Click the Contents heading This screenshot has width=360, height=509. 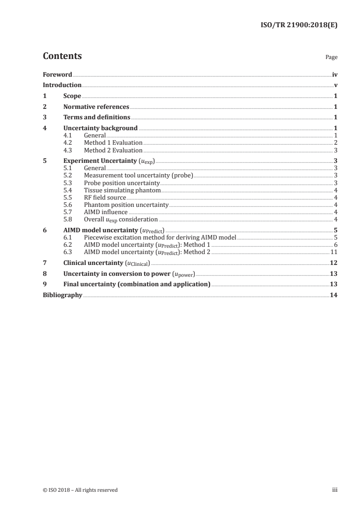coord(62,56)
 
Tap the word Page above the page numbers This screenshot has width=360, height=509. coord(331,58)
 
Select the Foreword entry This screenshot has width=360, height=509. coord(57,74)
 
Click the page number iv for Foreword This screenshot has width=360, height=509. coord(335,74)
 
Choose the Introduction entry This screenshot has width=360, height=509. coord(62,85)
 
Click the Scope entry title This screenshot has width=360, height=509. coord(72,96)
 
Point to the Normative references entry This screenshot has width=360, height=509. coord(96,107)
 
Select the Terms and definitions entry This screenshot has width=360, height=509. coord(97,117)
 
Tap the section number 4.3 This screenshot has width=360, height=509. coord(68,150)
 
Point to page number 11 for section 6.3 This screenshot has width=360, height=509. coord(334,252)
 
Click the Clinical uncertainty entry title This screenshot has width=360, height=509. coord(106,263)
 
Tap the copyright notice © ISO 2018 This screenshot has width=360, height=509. coord(80,489)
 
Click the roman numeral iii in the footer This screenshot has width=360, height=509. coord(335,489)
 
